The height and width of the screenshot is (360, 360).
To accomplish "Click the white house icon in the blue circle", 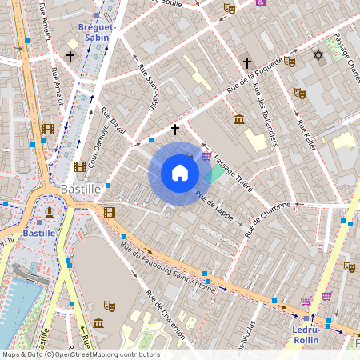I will tap(180, 173).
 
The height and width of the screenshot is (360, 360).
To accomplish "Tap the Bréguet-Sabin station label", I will tap(98, 32).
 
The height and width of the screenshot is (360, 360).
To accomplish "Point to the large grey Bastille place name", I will tap(80, 190).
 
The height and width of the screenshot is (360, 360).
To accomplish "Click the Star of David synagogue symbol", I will tap(318, 55).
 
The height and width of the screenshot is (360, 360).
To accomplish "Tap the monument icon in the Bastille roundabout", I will tap(50, 211).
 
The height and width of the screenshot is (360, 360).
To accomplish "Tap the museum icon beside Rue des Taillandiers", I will tap(239, 120).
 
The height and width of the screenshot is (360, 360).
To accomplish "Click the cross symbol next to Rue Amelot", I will tap(70, 57).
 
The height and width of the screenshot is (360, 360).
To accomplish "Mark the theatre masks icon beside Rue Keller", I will tap(300, 93).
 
